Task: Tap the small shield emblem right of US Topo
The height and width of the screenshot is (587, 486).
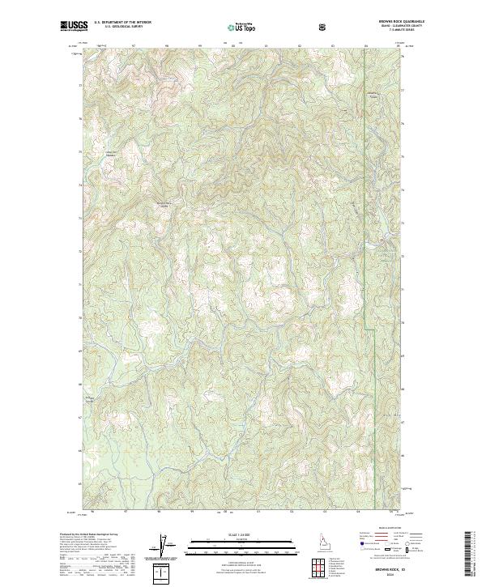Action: point(323,26)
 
